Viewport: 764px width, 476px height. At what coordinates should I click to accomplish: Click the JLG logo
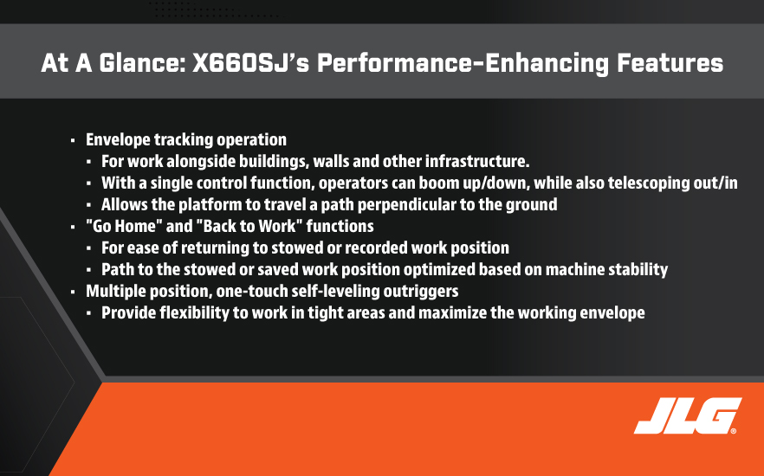pos(688,415)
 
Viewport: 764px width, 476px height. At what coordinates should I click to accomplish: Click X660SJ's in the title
pos(251,63)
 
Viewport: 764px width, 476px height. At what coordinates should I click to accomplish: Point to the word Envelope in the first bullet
pos(118,140)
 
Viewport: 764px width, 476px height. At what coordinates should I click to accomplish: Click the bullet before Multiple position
pos(73,292)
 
